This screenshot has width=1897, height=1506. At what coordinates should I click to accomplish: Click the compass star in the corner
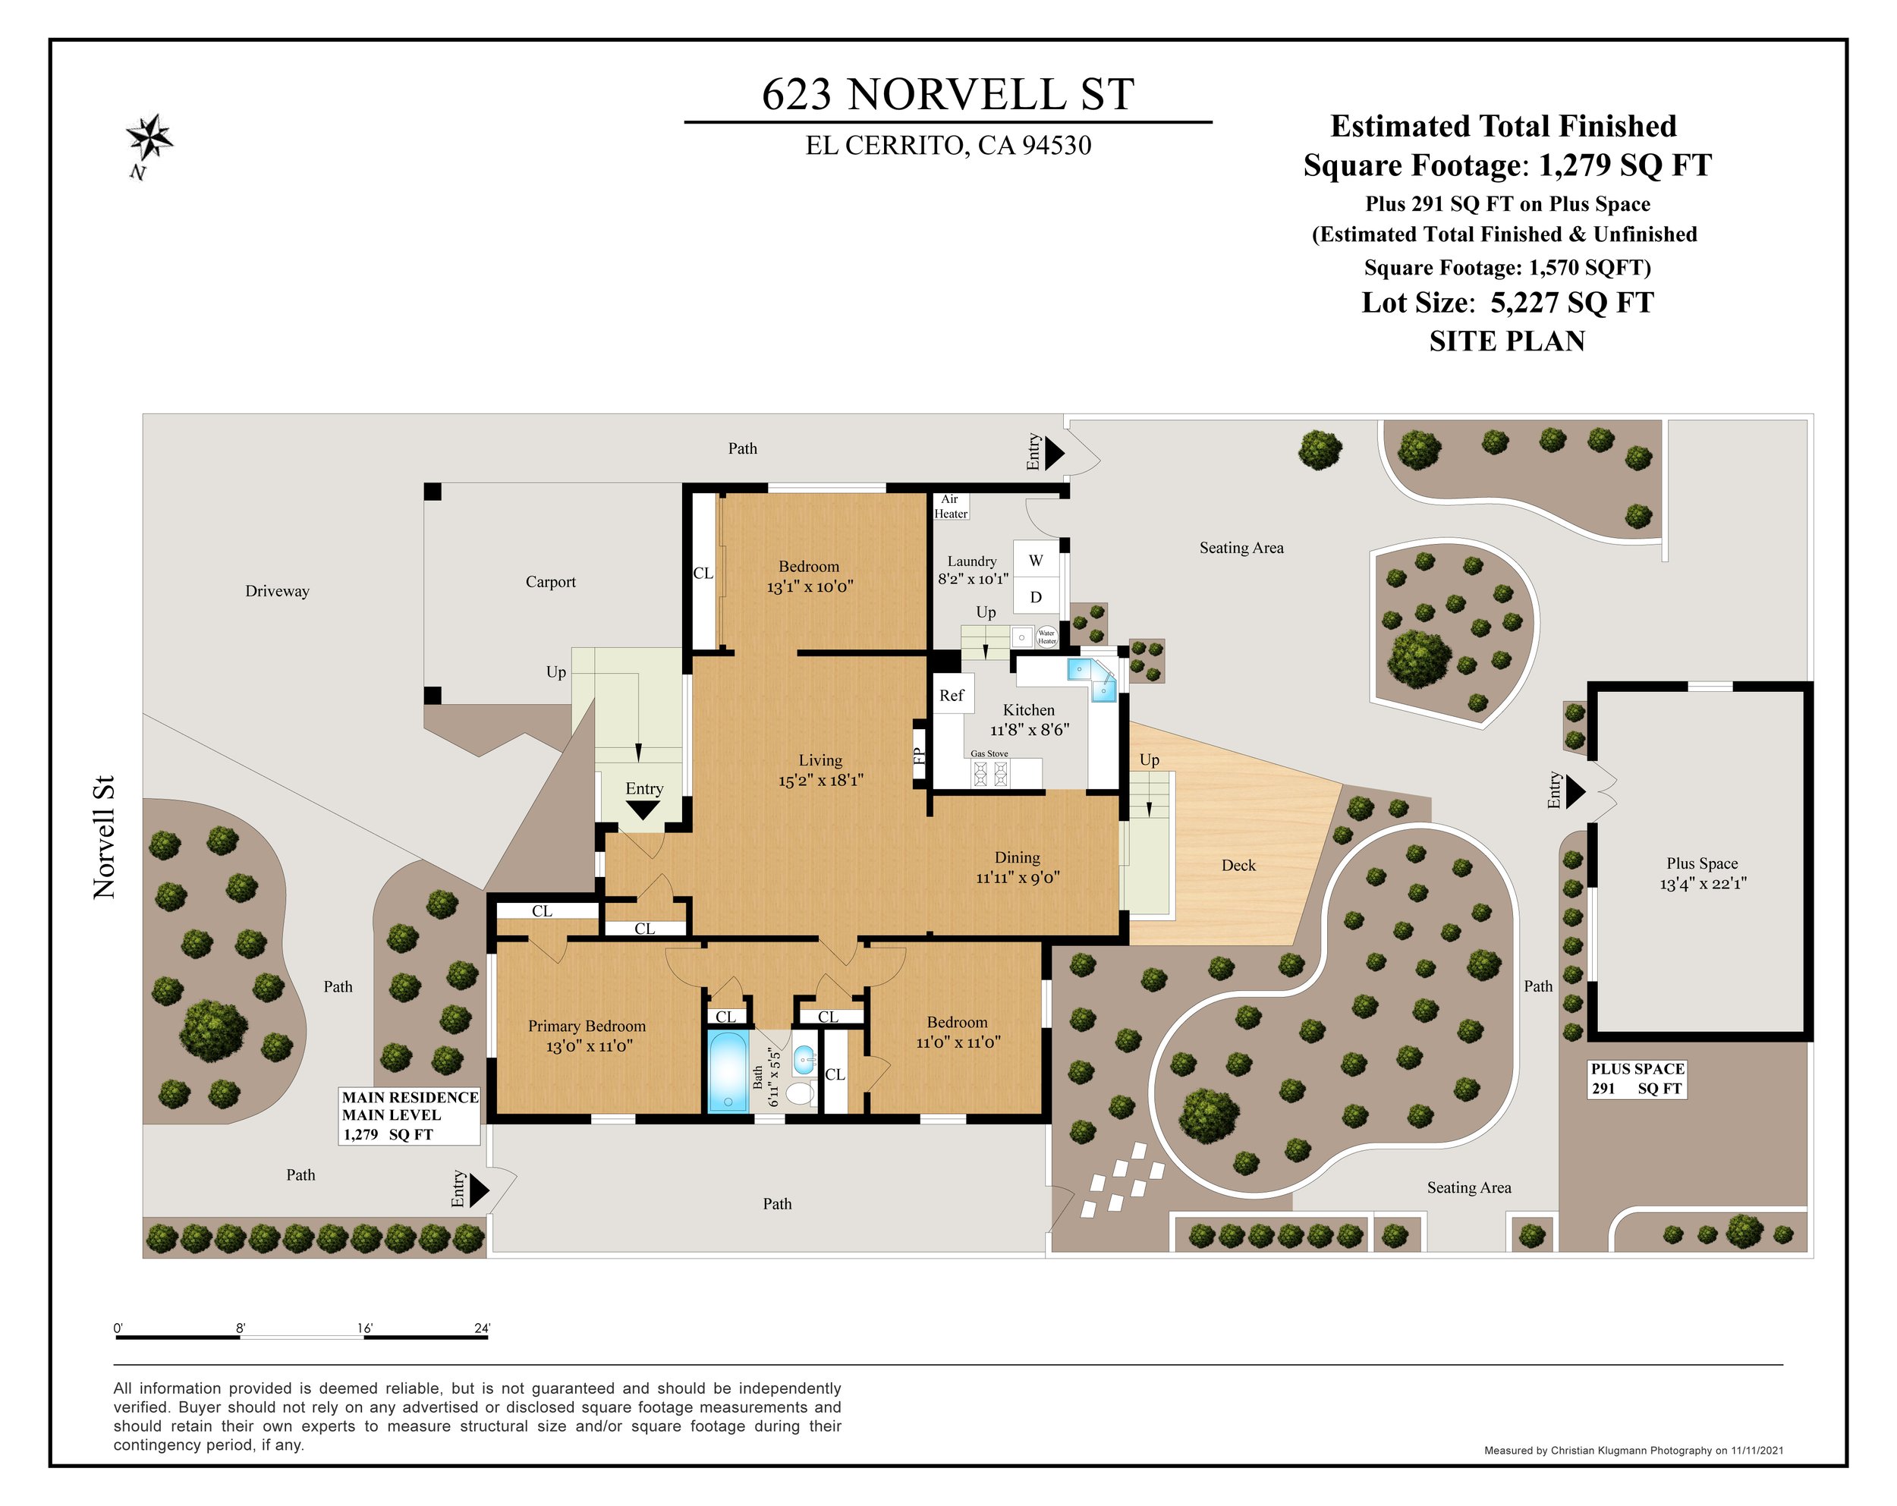point(149,138)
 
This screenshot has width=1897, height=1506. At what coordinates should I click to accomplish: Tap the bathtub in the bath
point(728,1071)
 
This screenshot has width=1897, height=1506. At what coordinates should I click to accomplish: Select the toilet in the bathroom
point(800,1093)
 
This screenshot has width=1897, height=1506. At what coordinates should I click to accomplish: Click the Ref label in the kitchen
point(951,695)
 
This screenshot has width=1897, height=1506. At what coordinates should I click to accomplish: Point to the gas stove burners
point(989,773)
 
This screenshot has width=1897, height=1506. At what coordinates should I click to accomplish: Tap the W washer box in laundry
point(1037,561)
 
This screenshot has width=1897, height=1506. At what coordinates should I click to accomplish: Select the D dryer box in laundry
point(1037,597)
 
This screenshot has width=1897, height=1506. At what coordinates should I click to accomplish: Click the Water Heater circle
point(1046,636)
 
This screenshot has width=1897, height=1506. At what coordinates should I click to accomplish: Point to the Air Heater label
point(950,506)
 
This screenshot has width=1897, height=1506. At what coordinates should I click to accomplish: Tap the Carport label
point(551,581)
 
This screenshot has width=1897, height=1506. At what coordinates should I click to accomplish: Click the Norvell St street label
point(105,837)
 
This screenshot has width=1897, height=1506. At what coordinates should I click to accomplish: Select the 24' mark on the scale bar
point(481,1328)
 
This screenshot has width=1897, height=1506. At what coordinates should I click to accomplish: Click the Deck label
point(1239,865)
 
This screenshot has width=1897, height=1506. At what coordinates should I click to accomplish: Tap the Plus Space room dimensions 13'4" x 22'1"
point(1704,883)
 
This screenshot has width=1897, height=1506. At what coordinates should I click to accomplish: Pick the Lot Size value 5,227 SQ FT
point(1572,303)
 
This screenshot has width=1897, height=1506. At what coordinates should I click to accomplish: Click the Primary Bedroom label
point(587,1026)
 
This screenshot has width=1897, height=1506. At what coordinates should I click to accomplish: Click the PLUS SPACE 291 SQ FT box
point(1637,1079)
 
